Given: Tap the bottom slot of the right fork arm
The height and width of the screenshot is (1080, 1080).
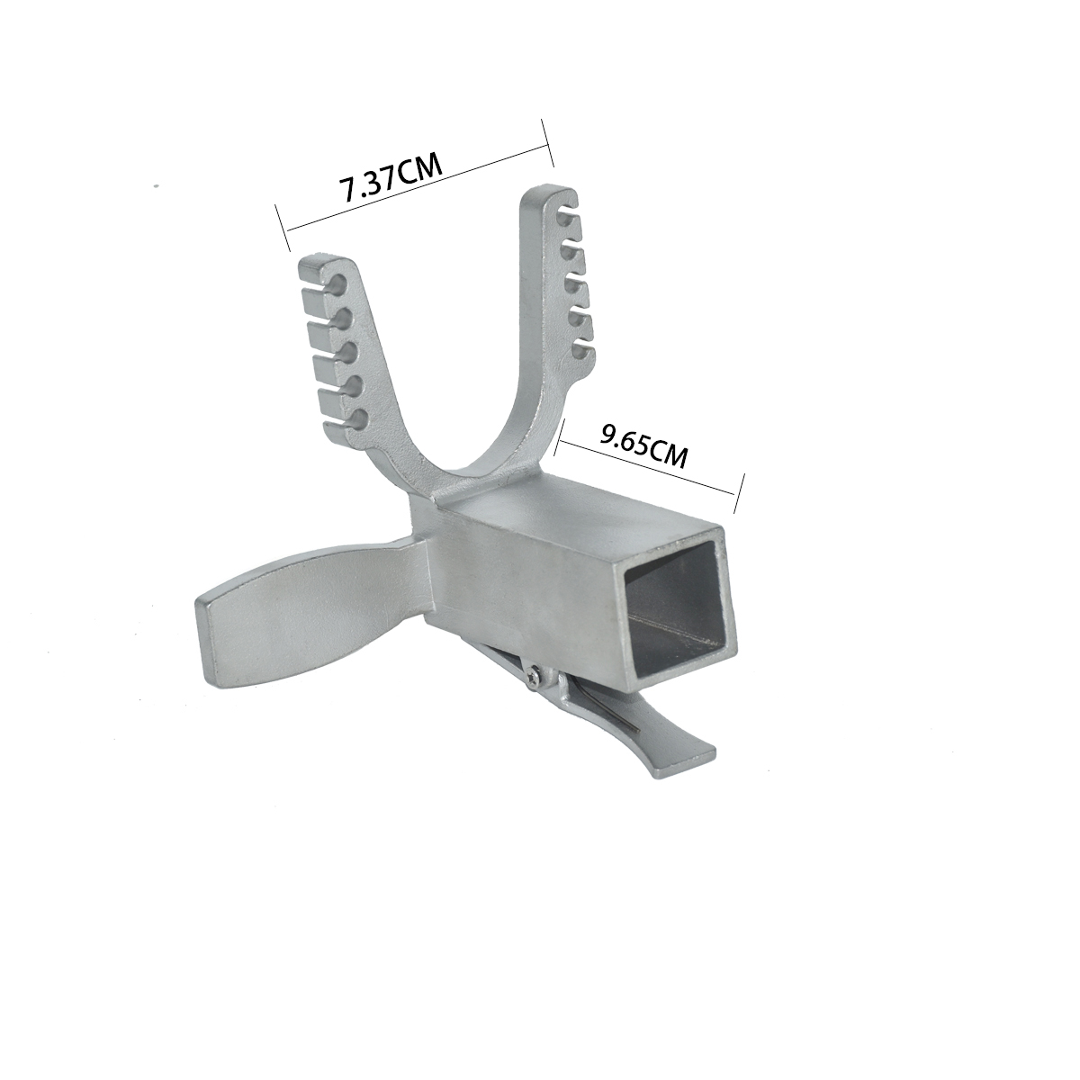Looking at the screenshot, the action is pyautogui.click(x=581, y=352).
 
